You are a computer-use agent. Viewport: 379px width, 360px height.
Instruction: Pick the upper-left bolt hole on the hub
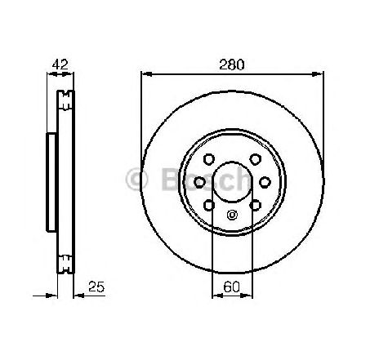(211, 159)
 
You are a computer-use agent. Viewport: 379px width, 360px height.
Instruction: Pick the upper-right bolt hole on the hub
(254, 159)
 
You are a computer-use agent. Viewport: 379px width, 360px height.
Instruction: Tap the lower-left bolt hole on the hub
(211, 204)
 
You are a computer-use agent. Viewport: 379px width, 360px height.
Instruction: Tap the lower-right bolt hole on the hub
(254, 204)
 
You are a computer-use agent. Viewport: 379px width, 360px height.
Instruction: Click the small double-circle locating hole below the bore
(232, 216)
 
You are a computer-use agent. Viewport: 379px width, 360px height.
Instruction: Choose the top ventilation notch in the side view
(63, 101)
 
